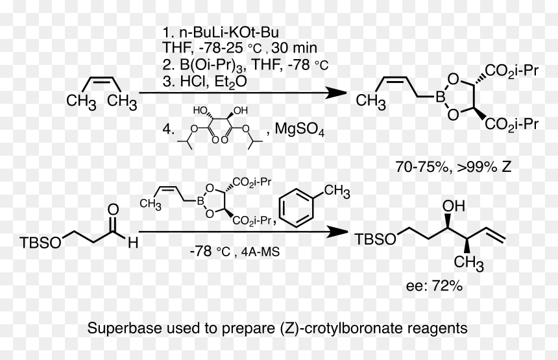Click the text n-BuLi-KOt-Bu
[229, 32]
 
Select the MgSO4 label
[299, 129]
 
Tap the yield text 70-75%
[422, 167]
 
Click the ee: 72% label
[434, 285]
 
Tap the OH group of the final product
[454, 206]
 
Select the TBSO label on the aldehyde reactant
[40, 243]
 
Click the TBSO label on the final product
[376, 239]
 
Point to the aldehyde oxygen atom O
[113, 210]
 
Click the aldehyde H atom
[133, 243]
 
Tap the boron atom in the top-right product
[441, 97]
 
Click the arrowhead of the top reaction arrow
[336, 93]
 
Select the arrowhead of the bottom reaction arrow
[337, 232]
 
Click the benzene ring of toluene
[297, 208]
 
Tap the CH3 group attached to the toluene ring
[337, 192]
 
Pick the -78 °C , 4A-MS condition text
[235, 252]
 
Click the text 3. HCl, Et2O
[204, 82]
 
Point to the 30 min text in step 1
[294, 47]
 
